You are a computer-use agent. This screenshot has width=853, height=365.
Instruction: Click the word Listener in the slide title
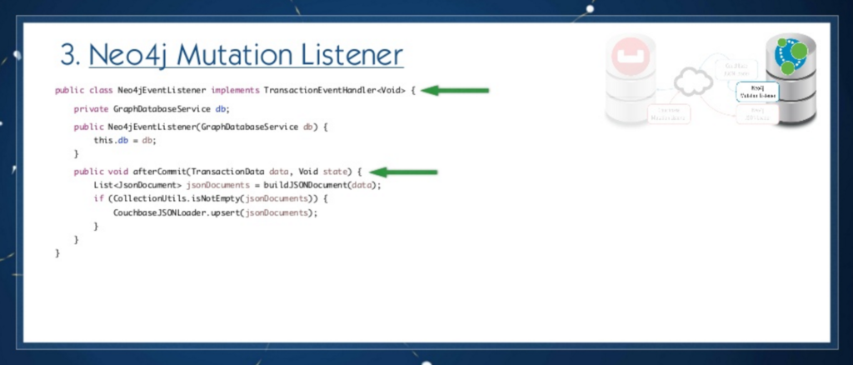coord(350,56)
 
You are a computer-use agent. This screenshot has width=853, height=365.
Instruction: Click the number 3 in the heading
coord(68,56)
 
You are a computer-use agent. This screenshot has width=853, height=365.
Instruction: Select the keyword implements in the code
coord(236,90)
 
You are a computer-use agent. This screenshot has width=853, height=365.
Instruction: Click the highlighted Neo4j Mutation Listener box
coord(757,92)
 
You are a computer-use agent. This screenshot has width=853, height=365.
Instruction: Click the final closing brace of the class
coord(57,252)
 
